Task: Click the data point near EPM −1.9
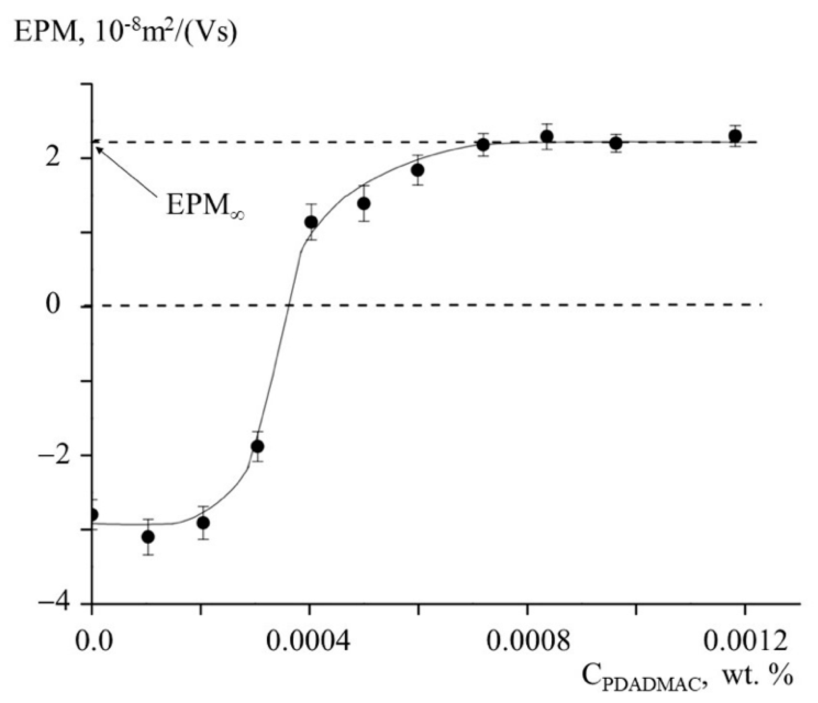pyautogui.click(x=257, y=446)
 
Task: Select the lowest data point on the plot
pyautogui.click(x=148, y=537)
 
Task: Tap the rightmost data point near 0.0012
pyautogui.click(x=735, y=136)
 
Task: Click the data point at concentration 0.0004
pyautogui.click(x=311, y=222)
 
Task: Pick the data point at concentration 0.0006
pyautogui.click(x=418, y=170)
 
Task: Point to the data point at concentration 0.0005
pyautogui.click(x=364, y=203)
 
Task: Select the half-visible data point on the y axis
pyautogui.click(x=93, y=515)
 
